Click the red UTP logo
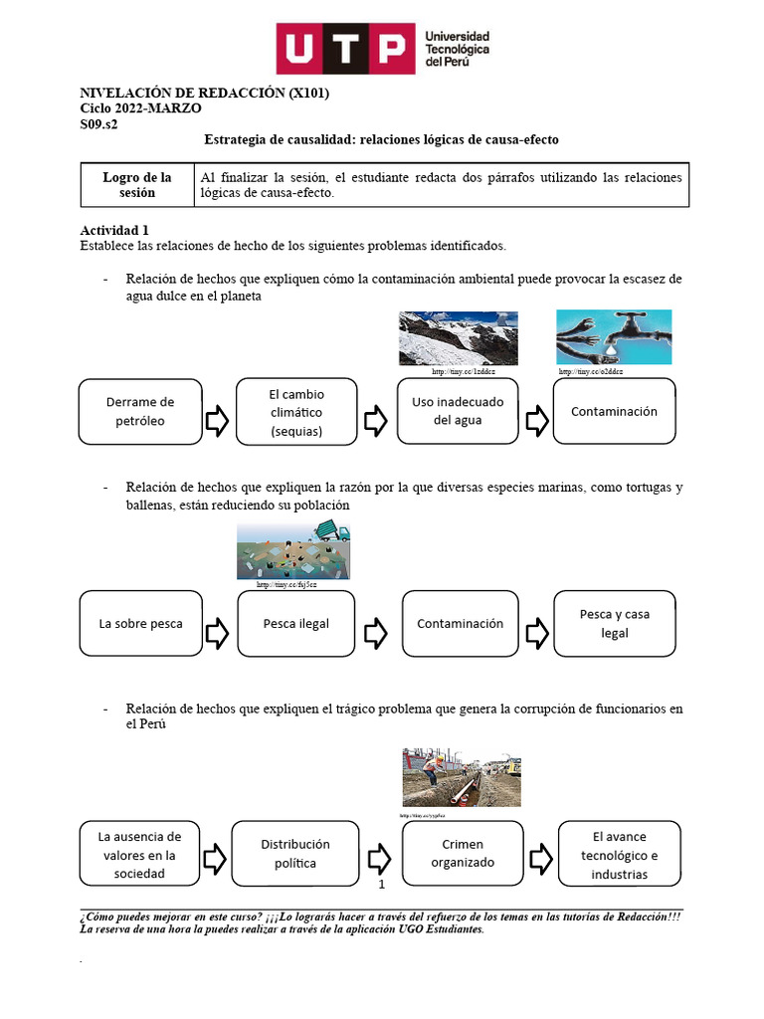(344, 49)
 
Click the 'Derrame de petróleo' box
(139, 411)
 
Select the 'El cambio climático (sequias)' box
(296, 411)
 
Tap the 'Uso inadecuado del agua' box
(458, 411)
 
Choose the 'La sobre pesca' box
(140, 624)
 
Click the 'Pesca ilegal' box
(295, 624)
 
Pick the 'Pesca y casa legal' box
(614, 624)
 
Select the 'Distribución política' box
(294, 854)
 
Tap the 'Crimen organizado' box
(462, 854)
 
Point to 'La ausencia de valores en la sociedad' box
(139, 854)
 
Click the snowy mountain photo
(444, 338)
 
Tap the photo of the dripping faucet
(613, 337)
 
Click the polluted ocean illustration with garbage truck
(292, 551)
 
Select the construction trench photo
(461, 777)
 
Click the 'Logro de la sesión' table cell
(137, 185)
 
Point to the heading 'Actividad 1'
(113, 230)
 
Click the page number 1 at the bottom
(381, 883)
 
